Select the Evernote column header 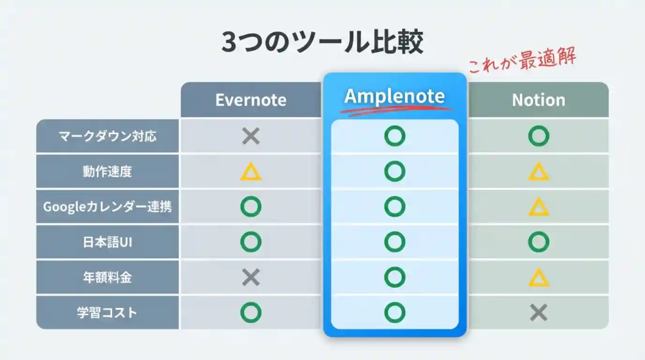click(251, 100)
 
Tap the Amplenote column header click(395, 96)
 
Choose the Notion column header click(539, 100)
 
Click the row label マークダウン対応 click(108, 136)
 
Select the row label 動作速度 click(108, 171)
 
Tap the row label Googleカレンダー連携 click(108, 207)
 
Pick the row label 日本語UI click(108, 242)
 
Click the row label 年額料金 click(108, 277)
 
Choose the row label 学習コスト click(108, 312)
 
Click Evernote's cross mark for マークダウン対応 click(251, 136)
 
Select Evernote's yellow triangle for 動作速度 click(251, 172)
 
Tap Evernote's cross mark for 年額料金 click(251, 277)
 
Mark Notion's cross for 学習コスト click(539, 312)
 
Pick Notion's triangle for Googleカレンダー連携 click(539, 207)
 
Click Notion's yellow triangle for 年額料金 click(539, 277)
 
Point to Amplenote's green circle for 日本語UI click(395, 242)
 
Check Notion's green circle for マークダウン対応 click(539, 136)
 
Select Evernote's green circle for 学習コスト click(251, 312)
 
